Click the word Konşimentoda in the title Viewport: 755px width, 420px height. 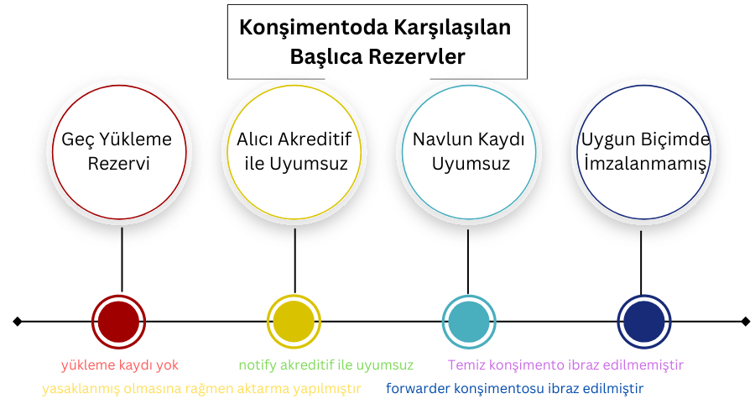click(314, 28)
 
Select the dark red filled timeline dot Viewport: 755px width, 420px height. click(118, 322)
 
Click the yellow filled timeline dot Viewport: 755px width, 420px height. click(294, 322)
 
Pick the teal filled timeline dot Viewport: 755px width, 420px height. click(469, 322)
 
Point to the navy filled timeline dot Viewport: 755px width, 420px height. click(644, 322)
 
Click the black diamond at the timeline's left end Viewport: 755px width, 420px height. click(18, 321)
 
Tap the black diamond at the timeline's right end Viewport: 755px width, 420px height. click(746, 321)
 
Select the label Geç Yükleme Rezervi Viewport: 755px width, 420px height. click(117, 151)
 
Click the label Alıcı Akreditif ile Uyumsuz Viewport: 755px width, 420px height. click(294, 151)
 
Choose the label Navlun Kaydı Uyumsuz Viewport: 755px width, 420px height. click(469, 151)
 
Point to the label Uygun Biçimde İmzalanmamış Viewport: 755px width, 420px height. click(645, 151)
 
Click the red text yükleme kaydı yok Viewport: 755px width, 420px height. click(120, 365)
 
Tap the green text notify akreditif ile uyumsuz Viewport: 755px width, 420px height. click(326, 365)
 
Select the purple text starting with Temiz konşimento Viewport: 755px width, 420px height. click(565, 365)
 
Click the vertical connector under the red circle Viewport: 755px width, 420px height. click(122, 260)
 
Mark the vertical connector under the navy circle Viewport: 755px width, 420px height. click(641, 263)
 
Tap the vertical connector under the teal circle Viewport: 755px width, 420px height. click(468, 262)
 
